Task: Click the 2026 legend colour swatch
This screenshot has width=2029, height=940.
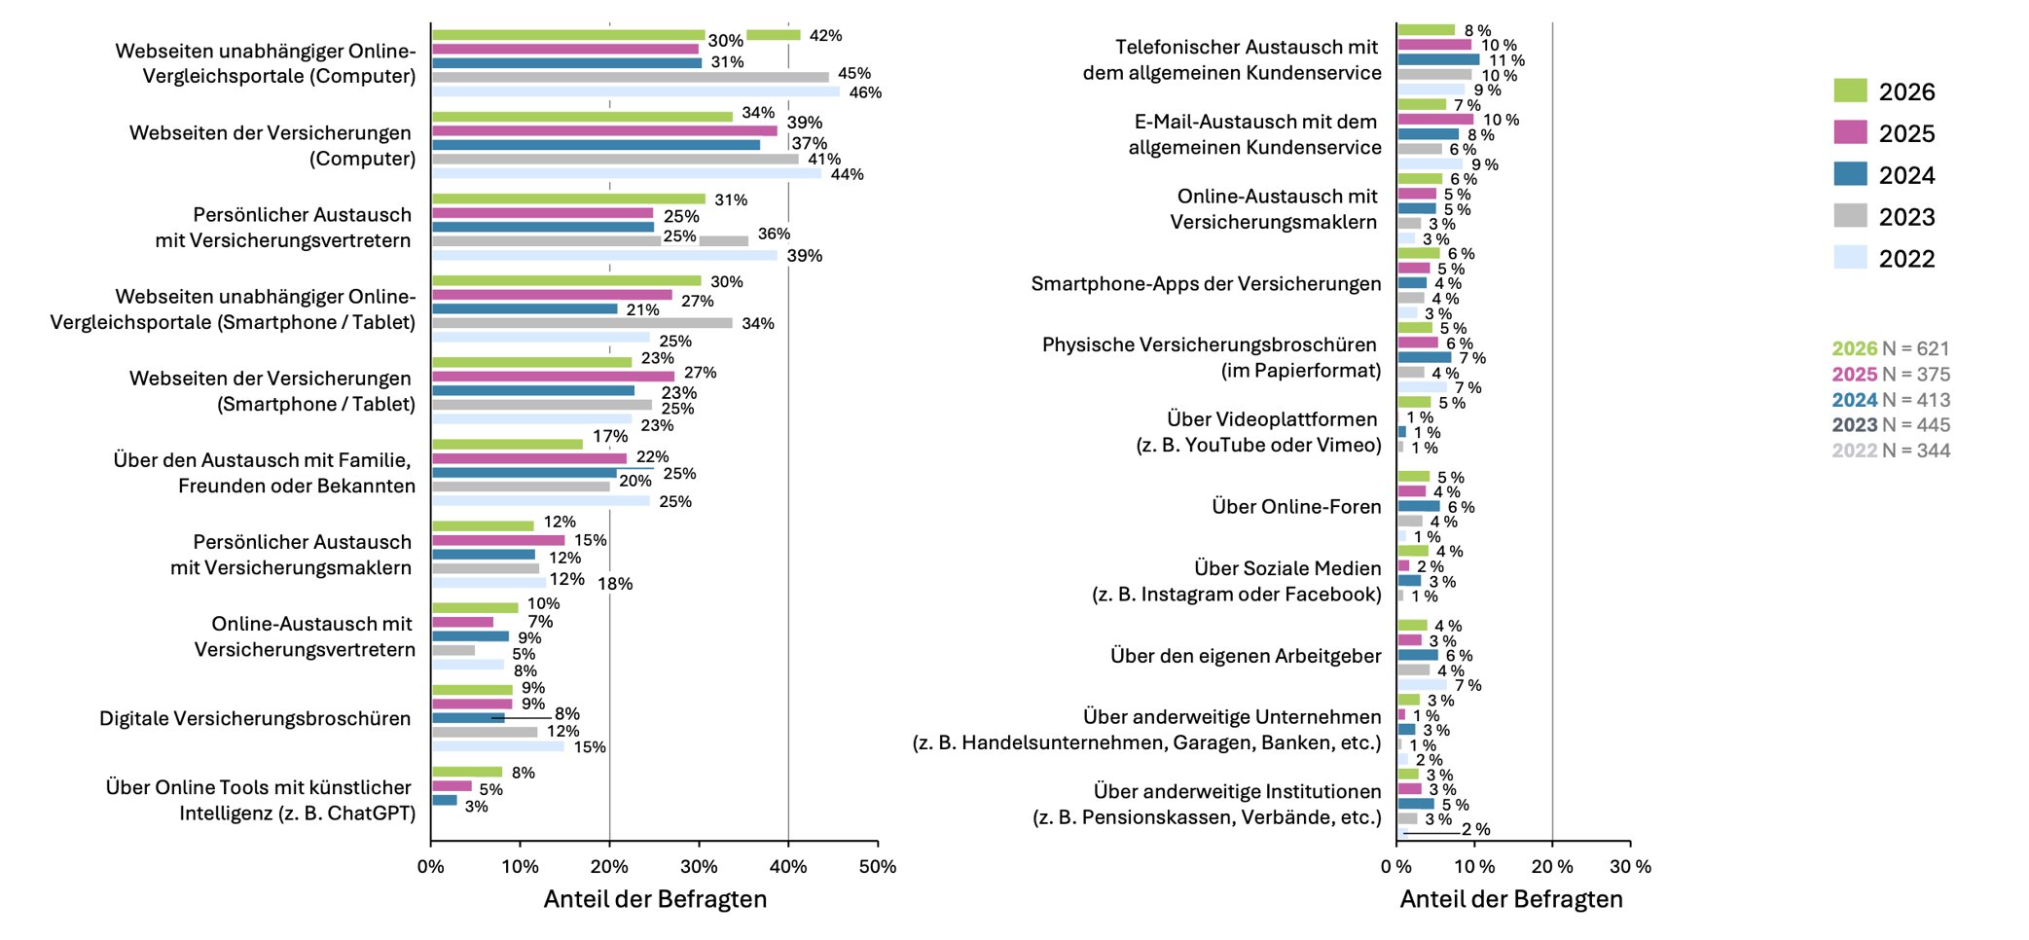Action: [x=1850, y=90]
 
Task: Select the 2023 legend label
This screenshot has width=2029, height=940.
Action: [x=1906, y=217]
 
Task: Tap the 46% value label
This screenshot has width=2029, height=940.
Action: [x=865, y=92]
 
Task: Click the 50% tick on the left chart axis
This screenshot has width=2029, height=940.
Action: [x=877, y=866]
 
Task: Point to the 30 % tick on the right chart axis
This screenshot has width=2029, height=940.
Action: [x=1630, y=866]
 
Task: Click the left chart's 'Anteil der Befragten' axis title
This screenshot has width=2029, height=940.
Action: [x=655, y=898]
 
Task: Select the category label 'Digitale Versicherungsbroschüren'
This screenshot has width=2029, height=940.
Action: [x=255, y=718]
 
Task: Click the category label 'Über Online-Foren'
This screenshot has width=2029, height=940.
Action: [x=1296, y=506]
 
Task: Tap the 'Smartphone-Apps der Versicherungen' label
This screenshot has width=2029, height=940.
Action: [x=1206, y=283]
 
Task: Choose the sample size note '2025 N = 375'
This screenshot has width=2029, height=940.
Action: [x=1891, y=374]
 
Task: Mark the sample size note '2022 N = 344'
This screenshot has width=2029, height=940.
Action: [x=1891, y=450]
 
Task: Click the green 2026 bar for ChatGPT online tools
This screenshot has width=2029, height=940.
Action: [x=467, y=772]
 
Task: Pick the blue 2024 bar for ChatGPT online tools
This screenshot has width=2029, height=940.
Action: [x=445, y=800]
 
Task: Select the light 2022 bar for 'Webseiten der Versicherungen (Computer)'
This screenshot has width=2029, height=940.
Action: [x=627, y=173]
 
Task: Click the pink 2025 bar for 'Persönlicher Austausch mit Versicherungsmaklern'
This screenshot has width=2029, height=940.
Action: [x=498, y=540]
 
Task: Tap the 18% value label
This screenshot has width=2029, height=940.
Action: [x=615, y=584]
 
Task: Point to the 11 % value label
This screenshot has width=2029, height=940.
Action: [x=1506, y=60]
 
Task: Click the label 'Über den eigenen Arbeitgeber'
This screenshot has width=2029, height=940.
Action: [x=1246, y=656]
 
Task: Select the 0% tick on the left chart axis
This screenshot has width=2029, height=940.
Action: [x=431, y=866]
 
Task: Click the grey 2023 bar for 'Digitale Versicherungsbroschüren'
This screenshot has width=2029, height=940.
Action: [x=485, y=732]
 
